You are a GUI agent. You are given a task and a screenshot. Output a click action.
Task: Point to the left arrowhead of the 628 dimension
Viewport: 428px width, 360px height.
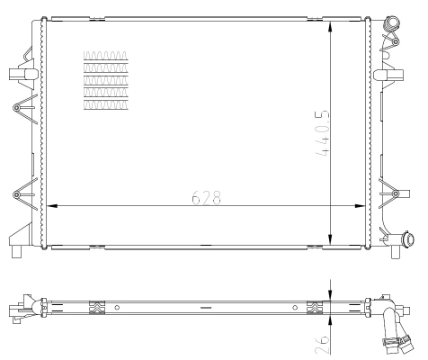(x=50, y=206)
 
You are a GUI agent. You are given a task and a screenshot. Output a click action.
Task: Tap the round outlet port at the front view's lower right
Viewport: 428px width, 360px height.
(x=409, y=240)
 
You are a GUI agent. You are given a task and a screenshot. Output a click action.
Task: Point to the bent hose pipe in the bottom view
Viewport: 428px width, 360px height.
(x=388, y=324)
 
